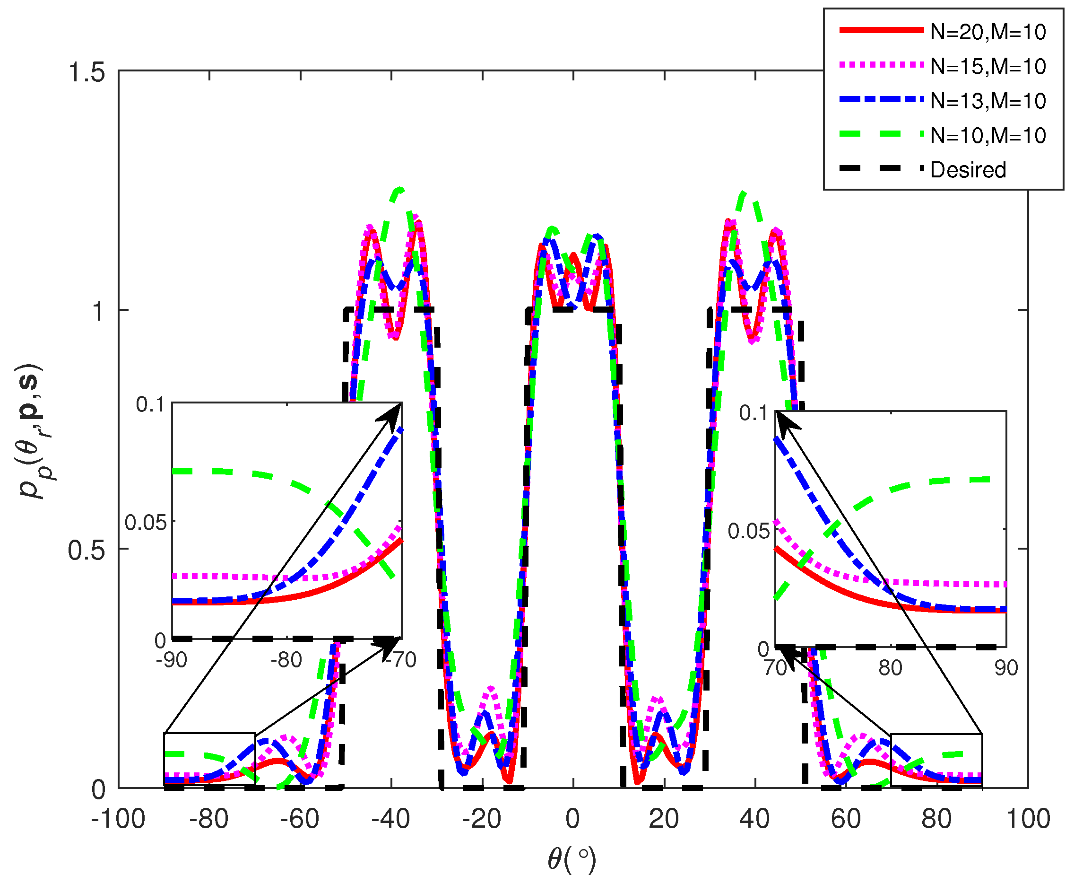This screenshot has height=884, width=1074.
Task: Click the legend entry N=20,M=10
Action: click(x=987, y=32)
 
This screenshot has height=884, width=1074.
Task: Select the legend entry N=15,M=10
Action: click(x=987, y=67)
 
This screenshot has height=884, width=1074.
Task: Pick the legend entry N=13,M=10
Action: click(x=987, y=101)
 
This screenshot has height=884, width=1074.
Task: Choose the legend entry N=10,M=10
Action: click(x=987, y=135)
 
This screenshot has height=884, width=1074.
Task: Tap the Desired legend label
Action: click(x=968, y=170)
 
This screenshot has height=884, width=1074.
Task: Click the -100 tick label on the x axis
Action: click(x=118, y=819)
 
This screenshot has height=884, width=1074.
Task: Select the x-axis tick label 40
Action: click(x=754, y=819)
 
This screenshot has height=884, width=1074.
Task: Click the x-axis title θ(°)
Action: click(x=572, y=860)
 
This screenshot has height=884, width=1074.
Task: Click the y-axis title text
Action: click(x=32, y=431)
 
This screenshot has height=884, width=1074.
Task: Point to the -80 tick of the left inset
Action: click(x=286, y=660)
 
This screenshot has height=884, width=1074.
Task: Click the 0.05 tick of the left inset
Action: click(x=146, y=523)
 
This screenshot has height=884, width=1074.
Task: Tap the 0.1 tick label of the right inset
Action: click(x=754, y=413)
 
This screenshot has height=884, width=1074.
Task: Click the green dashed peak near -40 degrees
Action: click(x=400, y=189)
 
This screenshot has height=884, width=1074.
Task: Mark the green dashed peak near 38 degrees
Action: click(x=743, y=193)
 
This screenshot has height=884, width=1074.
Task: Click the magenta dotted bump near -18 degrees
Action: click(x=490, y=689)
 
